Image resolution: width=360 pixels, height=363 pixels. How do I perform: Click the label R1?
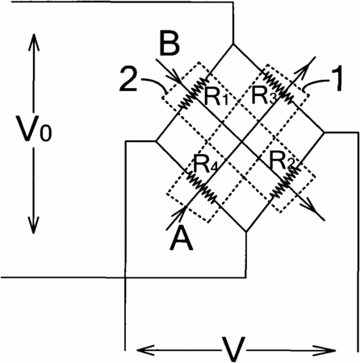216,96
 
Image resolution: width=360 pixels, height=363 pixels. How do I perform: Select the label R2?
281,161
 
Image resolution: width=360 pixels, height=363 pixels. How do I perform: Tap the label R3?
264,95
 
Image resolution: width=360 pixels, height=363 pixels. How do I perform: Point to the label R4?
205,165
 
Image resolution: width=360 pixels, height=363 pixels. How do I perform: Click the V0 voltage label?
34,128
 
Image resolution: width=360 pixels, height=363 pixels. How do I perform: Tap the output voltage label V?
232,349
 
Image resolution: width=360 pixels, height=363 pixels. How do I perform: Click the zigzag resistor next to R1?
193,93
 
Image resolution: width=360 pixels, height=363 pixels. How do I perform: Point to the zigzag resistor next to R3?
276,87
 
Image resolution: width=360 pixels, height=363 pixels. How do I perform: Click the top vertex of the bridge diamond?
233,44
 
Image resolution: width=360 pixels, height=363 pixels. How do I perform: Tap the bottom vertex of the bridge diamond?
246,232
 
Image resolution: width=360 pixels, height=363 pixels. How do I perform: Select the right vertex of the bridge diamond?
324,132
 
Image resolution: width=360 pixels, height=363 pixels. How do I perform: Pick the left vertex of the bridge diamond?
156,140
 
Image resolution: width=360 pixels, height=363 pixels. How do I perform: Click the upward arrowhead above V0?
34,42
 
